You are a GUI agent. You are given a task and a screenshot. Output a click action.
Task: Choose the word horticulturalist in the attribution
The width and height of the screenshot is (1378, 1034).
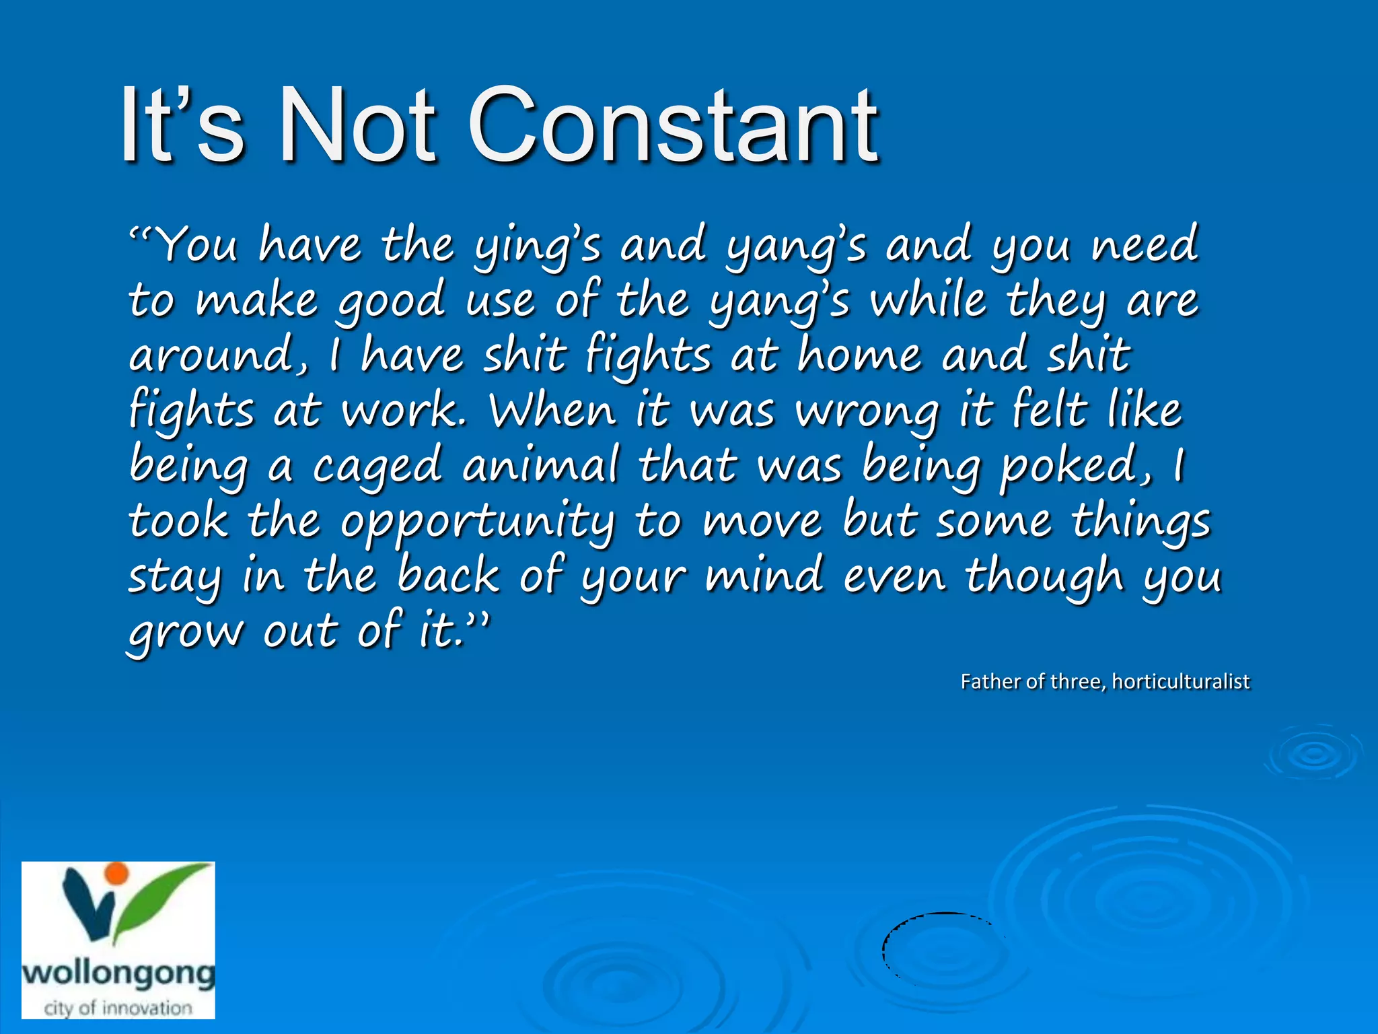click(1180, 681)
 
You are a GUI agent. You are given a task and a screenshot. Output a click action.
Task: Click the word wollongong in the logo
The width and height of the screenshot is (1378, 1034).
click(118, 973)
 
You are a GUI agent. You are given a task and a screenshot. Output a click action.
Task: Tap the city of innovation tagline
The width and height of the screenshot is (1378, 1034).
click(118, 1008)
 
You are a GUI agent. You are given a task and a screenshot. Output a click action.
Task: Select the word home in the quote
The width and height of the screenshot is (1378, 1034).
click(859, 355)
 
